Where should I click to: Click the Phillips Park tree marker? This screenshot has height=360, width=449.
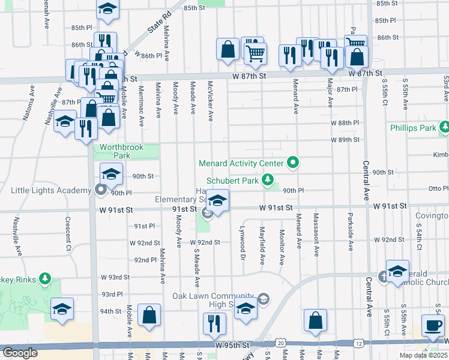tap(444, 127)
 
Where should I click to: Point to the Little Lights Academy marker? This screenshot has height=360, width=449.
tap(101, 190)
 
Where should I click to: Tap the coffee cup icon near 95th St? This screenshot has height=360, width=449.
tap(432, 325)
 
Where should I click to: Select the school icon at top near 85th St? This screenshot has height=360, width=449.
tap(107, 8)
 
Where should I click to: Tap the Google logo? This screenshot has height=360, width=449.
tap(20, 353)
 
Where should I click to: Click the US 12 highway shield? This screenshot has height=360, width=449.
tap(358, 343)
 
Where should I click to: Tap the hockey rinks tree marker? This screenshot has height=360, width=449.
tap(44, 278)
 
